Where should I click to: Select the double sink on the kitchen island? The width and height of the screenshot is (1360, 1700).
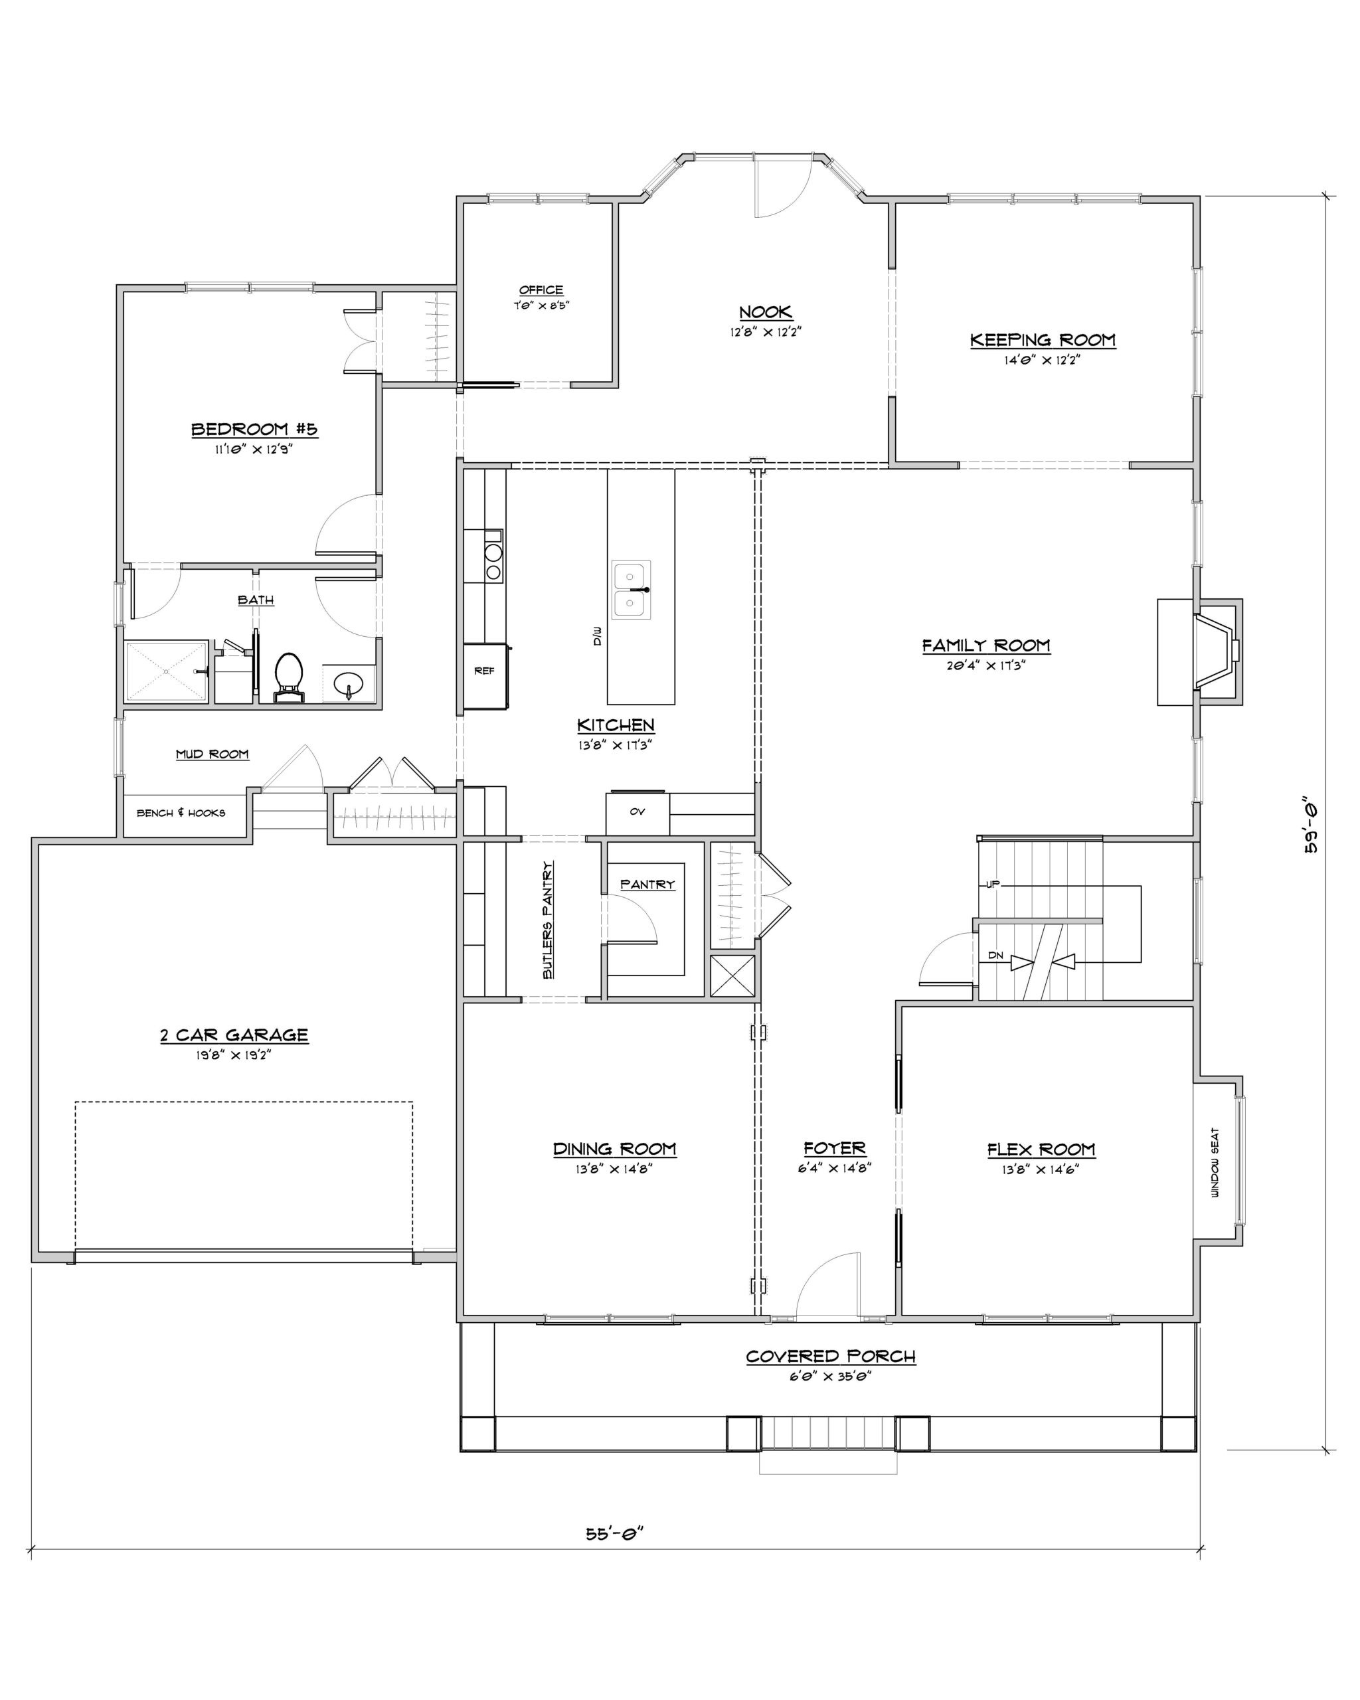pyautogui.click(x=632, y=590)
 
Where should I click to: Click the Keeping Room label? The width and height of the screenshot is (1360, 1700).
pyautogui.click(x=1043, y=340)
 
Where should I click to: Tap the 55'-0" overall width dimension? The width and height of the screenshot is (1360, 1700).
pyautogui.click(x=615, y=1533)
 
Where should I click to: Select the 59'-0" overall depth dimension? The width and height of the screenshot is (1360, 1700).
pyautogui.click(x=1310, y=827)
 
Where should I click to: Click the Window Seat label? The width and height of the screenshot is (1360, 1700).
pyautogui.click(x=1215, y=1163)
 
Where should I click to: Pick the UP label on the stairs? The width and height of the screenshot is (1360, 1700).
pyautogui.click(x=993, y=885)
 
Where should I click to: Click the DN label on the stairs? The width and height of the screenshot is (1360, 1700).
pyautogui.click(x=995, y=956)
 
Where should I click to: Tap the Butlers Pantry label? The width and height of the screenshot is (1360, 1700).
pyautogui.click(x=547, y=920)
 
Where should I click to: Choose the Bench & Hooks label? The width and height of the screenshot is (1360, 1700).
pyautogui.click(x=181, y=813)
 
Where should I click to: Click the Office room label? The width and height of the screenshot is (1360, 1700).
pyautogui.click(x=541, y=290)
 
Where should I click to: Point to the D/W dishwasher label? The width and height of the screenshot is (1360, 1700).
pyautogui.click(x=597, y=636)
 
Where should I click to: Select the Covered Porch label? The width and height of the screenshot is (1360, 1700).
pyautogui.click(x=831, y=1357)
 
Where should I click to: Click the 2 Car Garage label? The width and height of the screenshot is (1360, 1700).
pyautogui.click(x=234, y=1035)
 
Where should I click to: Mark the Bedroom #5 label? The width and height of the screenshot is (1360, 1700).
pyautogui.click(x=254, y=429)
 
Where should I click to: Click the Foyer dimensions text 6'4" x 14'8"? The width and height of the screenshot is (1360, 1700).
pyautogui.click(x=834, y=1169)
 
